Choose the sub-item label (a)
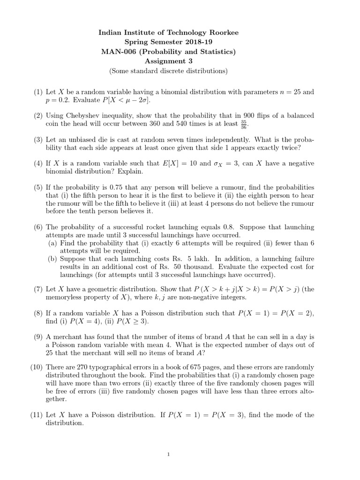[53, 243]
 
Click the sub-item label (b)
[53, 259]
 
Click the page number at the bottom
[180, 454]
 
